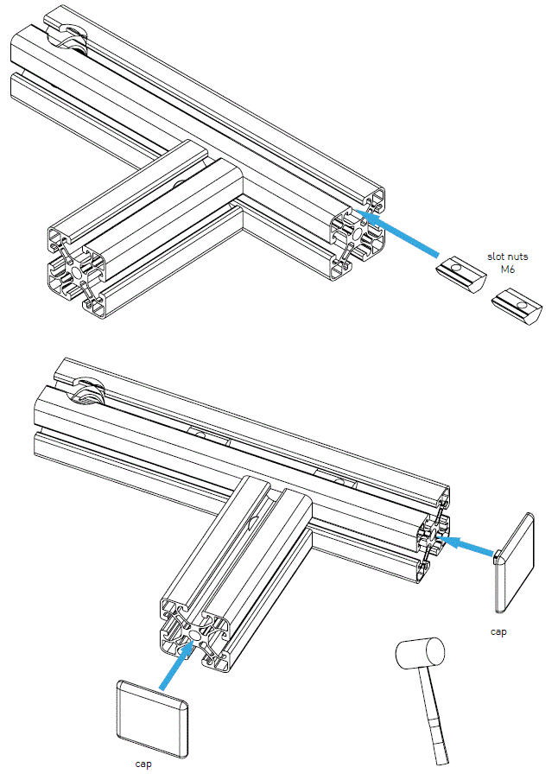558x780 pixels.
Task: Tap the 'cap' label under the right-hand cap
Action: coord(498,631)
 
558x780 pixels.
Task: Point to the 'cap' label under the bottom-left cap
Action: coord(144,764)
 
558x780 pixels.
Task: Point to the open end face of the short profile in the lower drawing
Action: coord(194,636)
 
